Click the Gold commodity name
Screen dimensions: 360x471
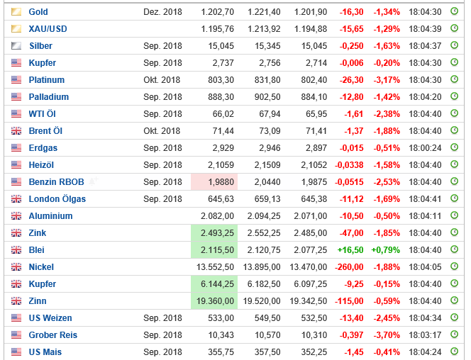pyautogui.click(x=38, y=12)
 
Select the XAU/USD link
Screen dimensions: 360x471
pyautogui.click(x=48, y=29)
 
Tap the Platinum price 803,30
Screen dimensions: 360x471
pyautogui.click(x=221, y=80)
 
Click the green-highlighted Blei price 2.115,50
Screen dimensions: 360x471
pyautogui.click(x=216, y=250)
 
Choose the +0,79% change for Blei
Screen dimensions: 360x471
pyautogui.click(x=386, y=250)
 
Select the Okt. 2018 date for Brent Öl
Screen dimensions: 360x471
pyautogui.click(x=162, y=131)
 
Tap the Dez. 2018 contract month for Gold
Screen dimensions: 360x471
pyautogui.click(x=162, y=12)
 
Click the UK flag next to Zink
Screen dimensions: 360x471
pyautogui.click(x=16, y=233)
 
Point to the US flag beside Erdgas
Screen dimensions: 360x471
pyautogui.click(x=16, y=148)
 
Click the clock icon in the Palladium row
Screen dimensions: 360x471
pyautogui.click(x=455, y=97)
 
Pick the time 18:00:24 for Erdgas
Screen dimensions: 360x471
pyautogui.click(x=425, y=148)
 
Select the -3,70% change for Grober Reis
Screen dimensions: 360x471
pyautogui.click(x=386, y=335)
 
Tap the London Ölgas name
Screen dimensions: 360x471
pyautogui.click(x=57, y=199)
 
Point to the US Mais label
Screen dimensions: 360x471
pyautogui.click(x=46, y=352)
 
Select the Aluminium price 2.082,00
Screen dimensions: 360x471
pyautogui.click(x=216, y=216)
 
